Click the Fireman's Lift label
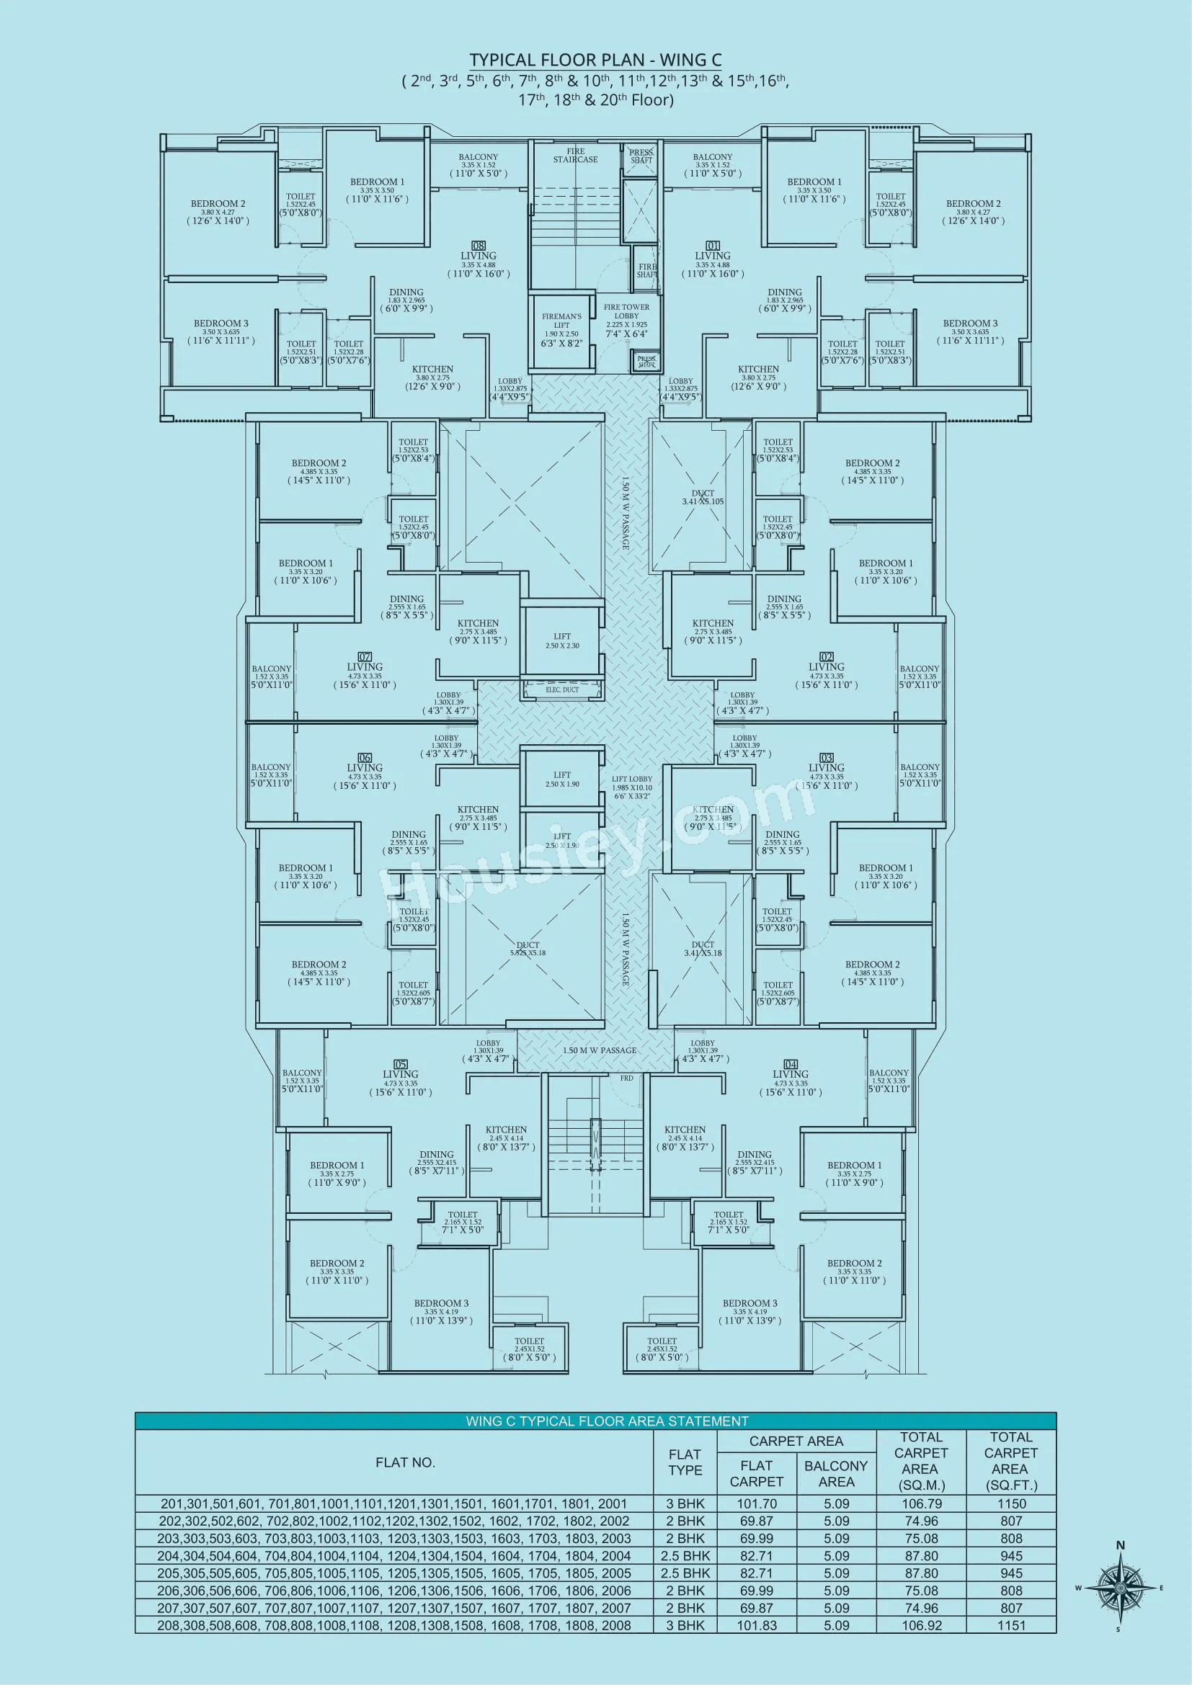[561, 321]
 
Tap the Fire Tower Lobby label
[626, 312]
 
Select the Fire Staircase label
[575, 156]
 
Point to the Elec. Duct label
[561, 690]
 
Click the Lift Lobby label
[631, 779]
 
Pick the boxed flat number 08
[478, 246]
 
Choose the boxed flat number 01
[713, 246]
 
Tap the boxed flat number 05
[400, 1064]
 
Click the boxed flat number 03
[827, 757]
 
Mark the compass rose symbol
[1120, 1589]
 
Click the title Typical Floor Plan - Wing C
[595, 61]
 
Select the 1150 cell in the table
[1010, 1503]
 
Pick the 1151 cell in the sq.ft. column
[1010, 1625]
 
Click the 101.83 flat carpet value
[756, 1625]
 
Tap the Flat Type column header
[684, 1462]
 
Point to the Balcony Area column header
[835, 1474]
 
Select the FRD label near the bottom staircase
[626, 1078]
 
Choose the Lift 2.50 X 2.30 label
[562, 640]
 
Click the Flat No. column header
[404, 1462]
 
